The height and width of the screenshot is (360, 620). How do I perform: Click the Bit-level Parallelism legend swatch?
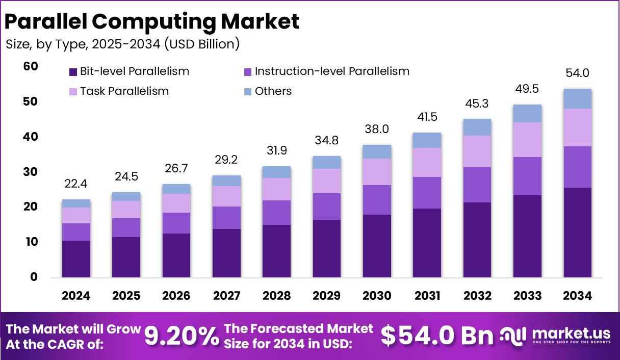[x=72, y=72]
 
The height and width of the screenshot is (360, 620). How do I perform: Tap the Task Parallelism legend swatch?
[x=72, y=92]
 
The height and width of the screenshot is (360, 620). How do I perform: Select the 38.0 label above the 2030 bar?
[x=377, y=129]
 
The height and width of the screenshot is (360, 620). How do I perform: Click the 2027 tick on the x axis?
[x=226, y=296]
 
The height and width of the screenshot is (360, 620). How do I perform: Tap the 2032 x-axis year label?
[x=477, y=296]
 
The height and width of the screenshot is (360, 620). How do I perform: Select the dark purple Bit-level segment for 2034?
[x=577, y=233]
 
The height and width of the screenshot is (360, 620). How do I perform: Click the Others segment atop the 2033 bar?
[x=527, y=114]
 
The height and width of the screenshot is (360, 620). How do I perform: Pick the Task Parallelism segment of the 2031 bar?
[x=427, y=162]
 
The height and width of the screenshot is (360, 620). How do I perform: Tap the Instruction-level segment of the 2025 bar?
[x=126, y=227]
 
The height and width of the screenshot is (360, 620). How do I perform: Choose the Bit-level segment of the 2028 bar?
[x=276, y=251]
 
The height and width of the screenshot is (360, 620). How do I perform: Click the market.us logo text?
[x=571, y=333]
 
